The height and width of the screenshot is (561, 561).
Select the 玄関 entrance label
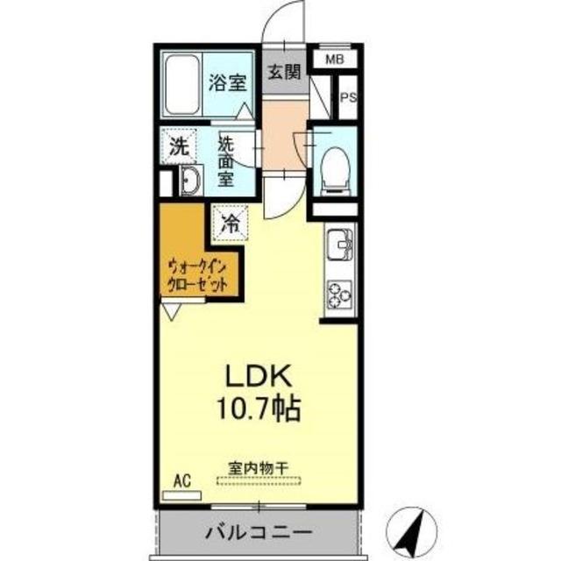[283, 73]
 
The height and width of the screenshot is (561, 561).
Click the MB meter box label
[334, 60]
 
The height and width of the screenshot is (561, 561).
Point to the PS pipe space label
[348, 99]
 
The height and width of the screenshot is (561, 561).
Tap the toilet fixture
[334, 166]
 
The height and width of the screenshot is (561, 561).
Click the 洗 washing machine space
[180, 147]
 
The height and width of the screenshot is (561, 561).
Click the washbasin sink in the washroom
[189, 181]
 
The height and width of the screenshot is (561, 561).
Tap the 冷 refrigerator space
[229, 222]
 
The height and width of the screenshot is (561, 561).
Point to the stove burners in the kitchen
[338, 295]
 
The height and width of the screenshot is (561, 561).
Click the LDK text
[259, 376]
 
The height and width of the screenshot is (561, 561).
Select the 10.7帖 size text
[259, 408]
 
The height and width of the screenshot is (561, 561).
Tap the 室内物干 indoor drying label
[262, 468]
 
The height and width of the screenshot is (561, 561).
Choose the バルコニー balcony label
[259, 532]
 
